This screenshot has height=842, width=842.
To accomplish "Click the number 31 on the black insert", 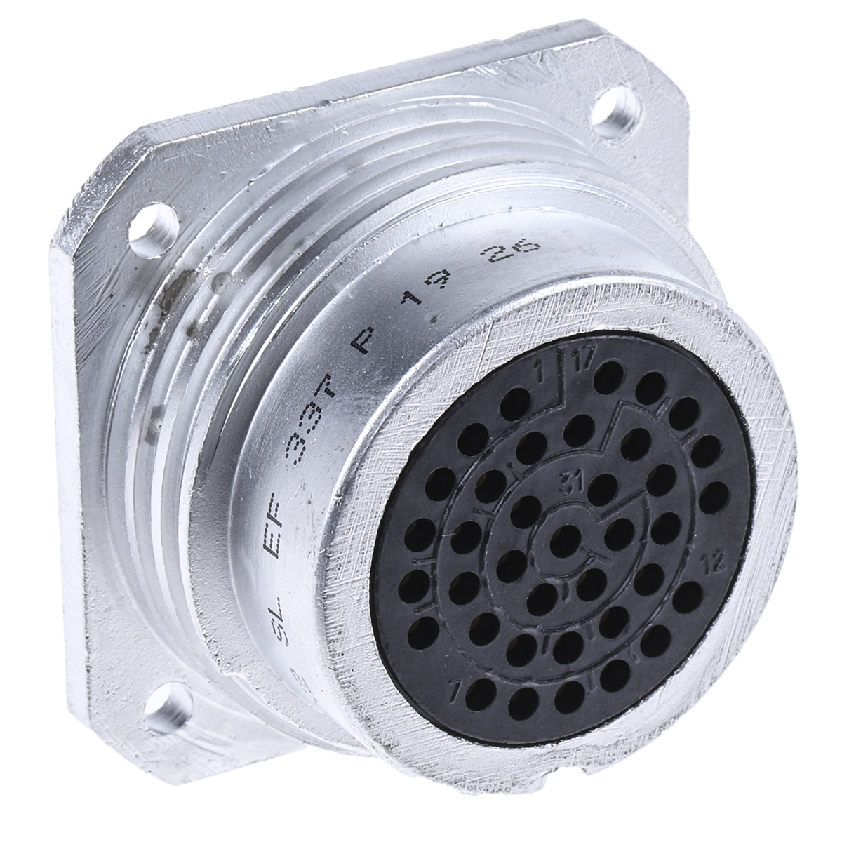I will (570, 481).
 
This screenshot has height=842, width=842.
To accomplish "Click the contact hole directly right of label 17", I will (608, 375).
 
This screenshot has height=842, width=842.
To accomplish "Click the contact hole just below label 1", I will (517, 402).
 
